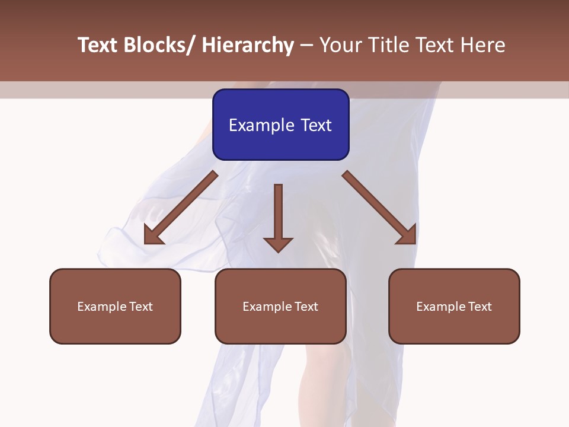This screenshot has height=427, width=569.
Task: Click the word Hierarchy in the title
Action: (247, 45)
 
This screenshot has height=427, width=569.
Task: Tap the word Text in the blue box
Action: (317, 126)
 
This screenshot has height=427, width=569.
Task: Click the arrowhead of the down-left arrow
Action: (153, 234)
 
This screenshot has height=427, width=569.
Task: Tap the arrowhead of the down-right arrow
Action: (407, 235)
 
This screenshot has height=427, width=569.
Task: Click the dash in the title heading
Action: (306, 45)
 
